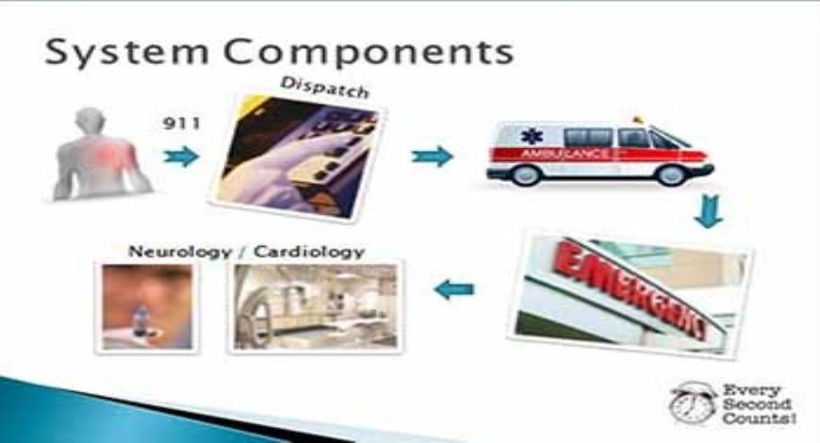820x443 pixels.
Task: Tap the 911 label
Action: (182, 123)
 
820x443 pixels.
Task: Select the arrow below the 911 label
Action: (181, 156)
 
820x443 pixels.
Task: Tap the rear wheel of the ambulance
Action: (525, 175)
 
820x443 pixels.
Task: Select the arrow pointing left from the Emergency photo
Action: (454, 289)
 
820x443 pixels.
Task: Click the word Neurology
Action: (170, 252)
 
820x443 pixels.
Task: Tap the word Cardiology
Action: (313, 252)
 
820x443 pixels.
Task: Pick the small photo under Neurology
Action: (148, 307)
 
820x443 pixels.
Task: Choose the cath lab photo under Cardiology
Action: (314, 307)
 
